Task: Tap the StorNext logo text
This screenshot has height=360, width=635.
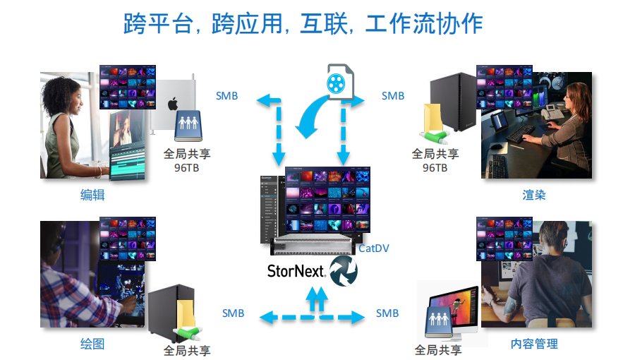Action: pos(296,270)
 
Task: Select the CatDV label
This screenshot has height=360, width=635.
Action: pos(374,248)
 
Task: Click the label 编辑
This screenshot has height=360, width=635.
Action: pos(92,195)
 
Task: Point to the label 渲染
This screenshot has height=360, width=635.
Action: pos(534,195)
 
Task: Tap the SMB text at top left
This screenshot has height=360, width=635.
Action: pos(226,96)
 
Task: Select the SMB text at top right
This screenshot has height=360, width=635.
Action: pos(393,96)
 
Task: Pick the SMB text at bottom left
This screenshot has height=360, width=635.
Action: pos(233,313)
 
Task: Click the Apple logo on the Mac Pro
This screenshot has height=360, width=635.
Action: pos(172,105)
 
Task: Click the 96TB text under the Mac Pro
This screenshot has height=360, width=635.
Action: pos(187,168)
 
